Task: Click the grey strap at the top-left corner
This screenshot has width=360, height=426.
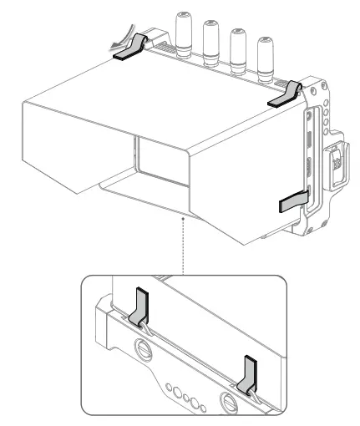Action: click(129, 53)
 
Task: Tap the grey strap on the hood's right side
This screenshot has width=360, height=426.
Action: click(292, 202)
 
